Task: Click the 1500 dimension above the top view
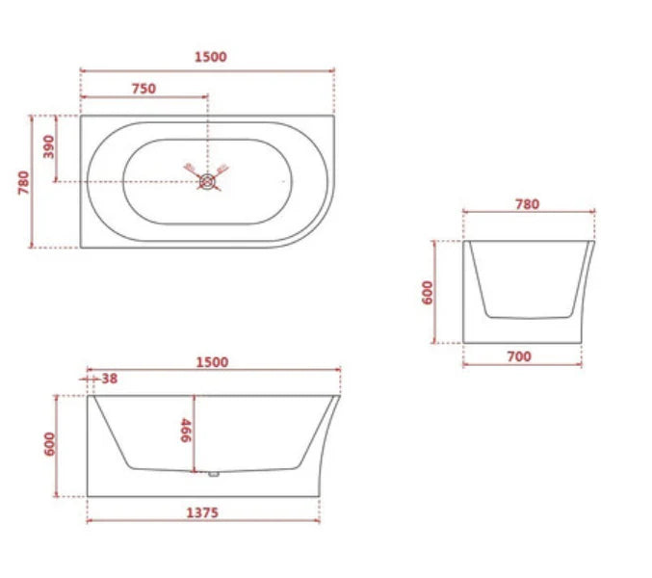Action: (210, 57)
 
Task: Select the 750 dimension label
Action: (143, 89)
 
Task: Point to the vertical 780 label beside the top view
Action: (23, 182)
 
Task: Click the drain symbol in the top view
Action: (206, 178)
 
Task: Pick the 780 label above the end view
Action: (527, 203)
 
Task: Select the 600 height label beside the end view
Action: (428, 292)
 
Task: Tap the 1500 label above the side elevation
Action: (212, 362)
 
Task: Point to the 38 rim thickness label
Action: (109, 379)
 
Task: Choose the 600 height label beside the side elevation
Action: (50, 445)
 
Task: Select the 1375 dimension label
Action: (201, 512)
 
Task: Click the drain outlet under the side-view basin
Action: (212, 473)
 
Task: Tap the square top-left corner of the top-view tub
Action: (82, 118)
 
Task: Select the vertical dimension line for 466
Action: (196, 433)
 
